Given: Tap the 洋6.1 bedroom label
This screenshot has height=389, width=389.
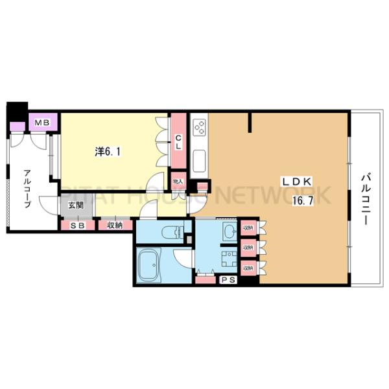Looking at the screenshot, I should (x=107, y=152).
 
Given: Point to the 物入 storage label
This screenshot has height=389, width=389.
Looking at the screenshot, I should (x=178, y=182).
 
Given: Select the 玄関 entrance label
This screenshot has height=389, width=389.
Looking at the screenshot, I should (x=77, y=206).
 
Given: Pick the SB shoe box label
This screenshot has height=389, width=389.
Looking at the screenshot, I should (x=77, y=226).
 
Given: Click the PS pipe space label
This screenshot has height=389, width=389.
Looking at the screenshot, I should (x=228, y=279).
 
